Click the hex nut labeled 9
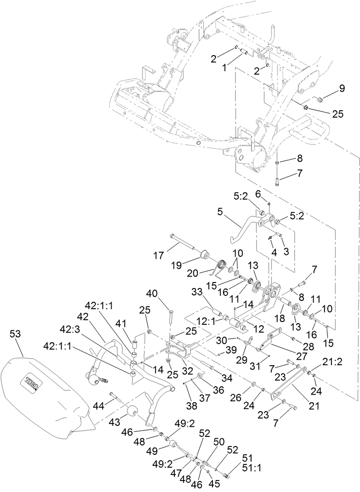[x=320, y=98]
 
